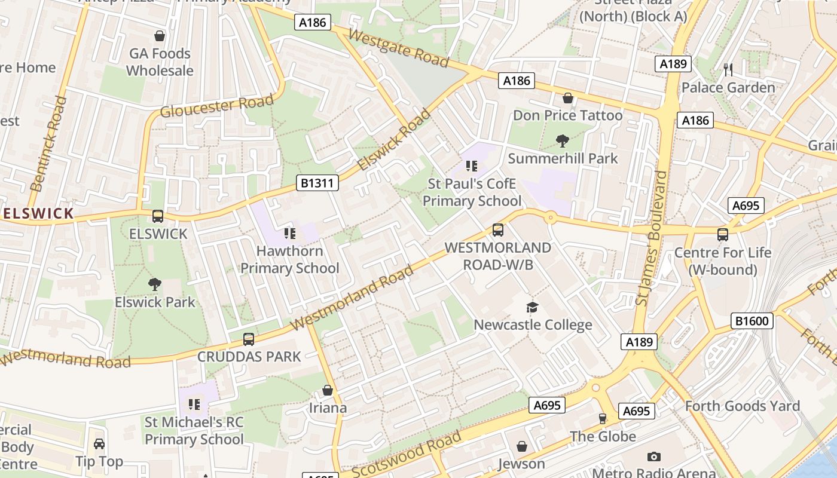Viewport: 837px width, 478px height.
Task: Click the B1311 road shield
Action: coord(317,183)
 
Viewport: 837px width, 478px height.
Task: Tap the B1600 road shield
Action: coord(752,321)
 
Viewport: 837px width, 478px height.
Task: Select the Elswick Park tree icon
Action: coord(155,284)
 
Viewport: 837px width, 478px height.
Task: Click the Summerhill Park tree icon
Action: coord(562,141)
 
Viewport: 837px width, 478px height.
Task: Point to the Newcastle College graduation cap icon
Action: coord(532,307)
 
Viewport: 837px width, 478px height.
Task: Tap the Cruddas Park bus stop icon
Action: coord(249,339)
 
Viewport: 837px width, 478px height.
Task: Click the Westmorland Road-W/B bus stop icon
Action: coord(497,230)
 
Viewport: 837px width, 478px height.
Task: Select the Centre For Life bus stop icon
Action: coord(723,235)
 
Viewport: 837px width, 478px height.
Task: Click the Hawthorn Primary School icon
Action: coord(290,234)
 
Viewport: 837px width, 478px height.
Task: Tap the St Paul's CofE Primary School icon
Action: coord(472,166)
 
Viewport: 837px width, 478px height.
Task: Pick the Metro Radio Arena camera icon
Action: coord(654,456)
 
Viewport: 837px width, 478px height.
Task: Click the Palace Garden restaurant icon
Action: coord(728,70)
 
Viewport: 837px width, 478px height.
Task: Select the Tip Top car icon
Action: coord(99,444)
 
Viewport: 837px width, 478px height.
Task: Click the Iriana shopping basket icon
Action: coord(328,390)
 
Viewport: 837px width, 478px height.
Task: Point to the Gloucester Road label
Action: coord(216,107)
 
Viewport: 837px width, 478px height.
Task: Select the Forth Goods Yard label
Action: coord(742,406)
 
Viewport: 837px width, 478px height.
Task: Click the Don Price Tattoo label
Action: coord(567,115)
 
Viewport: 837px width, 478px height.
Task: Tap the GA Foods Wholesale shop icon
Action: coord(160,36)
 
